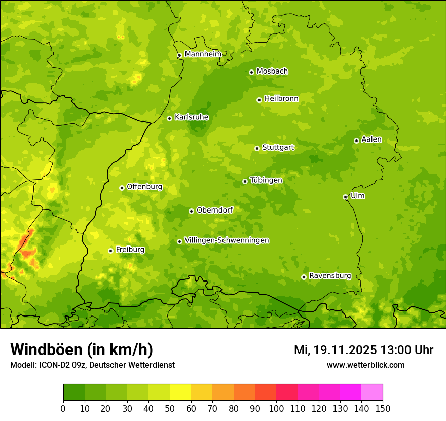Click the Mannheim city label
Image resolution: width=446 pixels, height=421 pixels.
pos(203,54)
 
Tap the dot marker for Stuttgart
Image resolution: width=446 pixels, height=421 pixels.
pos(257,148)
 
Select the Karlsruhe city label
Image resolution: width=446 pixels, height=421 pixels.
pos(191,117)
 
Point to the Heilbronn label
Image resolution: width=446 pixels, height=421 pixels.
pos(281,99)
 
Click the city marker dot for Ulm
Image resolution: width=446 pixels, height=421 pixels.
pos(345,197)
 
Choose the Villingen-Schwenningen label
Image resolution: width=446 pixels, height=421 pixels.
pos(227,240)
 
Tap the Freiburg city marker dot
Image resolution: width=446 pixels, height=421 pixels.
pos(110,251)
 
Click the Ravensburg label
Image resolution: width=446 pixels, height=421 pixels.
pos(330,276)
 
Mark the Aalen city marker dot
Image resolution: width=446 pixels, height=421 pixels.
pos(356,141)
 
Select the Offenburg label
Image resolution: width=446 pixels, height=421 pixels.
pos(144,187)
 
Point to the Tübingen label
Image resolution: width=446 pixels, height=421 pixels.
pos(266,180)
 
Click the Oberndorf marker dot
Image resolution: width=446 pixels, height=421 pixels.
pos(191,211)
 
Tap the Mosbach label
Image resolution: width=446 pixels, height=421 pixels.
pos(272,72)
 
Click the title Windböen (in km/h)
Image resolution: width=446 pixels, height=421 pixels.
pos(82,349)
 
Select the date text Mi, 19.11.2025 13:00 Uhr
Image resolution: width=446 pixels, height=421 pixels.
pos(363,350)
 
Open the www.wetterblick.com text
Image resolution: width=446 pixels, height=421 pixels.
pos(365,365)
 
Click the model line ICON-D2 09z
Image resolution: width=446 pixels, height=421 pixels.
pos(92,365)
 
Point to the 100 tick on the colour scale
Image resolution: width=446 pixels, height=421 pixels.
pos(276,408)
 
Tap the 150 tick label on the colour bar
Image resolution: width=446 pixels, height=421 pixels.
pos(383,408)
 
